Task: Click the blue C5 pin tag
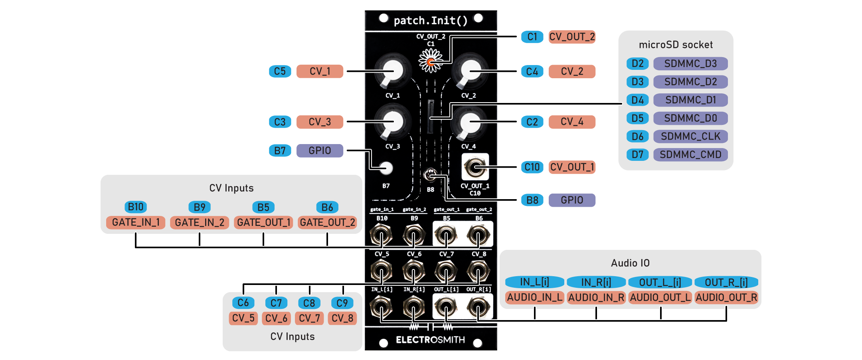280,71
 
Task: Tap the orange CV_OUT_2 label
572,37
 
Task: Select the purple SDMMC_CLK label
690,136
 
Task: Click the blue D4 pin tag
637,100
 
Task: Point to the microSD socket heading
676,45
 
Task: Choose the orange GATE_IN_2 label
200,222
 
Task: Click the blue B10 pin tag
136,207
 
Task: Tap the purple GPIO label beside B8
572,200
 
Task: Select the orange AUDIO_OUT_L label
660,297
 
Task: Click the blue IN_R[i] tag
596,282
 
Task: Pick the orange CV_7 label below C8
309,318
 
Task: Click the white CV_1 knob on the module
392,71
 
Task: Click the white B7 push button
386,168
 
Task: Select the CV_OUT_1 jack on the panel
475,167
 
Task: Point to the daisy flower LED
431,61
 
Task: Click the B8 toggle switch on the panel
430,174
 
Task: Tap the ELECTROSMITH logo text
430,340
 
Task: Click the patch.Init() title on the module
431,20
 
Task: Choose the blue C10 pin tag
532,167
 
